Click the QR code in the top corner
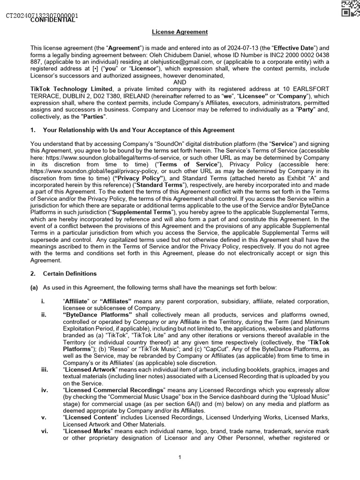coord(351,8)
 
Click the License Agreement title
coord(180,32)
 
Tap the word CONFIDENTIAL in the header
coord(52,20)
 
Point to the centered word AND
coord(180,82)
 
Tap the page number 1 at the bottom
coord(180,457)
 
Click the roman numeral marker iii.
coord(45,370)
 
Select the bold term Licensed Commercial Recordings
coord(114,390)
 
